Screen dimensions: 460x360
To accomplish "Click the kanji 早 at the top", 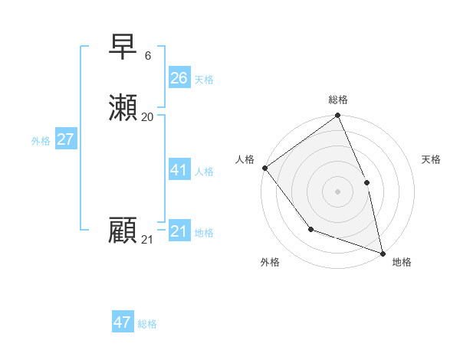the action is tap(123, 47).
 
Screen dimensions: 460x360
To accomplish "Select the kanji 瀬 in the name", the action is tap(123, 109).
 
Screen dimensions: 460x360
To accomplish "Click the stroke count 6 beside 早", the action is tap(148, 56).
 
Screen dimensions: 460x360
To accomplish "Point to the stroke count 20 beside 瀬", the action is tap(148, 117).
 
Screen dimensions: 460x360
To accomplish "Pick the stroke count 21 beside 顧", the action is tap(147, 240).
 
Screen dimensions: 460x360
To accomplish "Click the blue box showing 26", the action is tap(179, 78).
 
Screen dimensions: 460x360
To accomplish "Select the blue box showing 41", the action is tap(179, 170).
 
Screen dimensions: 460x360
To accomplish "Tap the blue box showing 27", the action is tap(66, 139).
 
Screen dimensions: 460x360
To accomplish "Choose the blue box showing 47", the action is tap(123, 322).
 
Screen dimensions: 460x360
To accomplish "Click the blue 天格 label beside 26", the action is tap(204, 80).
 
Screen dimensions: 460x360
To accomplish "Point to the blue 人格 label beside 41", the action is tap(204, 172).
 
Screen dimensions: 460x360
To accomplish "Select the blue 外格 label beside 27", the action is tap(41, 141).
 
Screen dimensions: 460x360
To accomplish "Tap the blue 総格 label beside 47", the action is tap(147, 324).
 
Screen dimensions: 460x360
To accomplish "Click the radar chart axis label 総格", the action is tap(338, 100).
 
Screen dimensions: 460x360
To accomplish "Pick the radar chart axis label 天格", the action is tap(431, 159).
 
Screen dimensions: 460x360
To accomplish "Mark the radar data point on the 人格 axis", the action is tap(265, 168).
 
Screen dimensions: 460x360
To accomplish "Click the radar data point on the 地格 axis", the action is tap(383, 253).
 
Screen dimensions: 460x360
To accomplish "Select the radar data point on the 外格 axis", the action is tap(310, 229).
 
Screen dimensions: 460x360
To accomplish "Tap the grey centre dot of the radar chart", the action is tap(337, 191).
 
